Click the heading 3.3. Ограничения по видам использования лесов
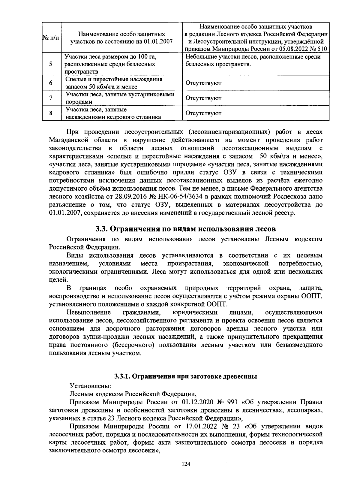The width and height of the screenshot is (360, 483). click(x=185, y=229)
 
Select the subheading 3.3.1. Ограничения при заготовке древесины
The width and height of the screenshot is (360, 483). click(x=185, y=376)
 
